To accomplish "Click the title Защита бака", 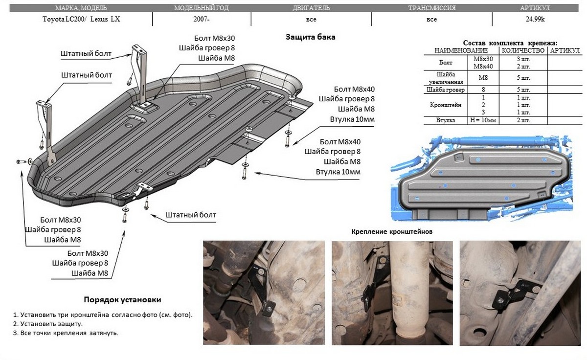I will tap(311, 37).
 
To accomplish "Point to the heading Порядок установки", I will tap(122, 299).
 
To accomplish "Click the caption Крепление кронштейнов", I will tap(392, 231).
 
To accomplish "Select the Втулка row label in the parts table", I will tap(446, 120).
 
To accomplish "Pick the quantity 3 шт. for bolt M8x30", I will tap(522, 59).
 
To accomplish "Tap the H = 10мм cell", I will tap(483, 120).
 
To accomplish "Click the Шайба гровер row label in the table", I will tap(446, 90).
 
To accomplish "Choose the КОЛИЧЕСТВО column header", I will tap(522, 50).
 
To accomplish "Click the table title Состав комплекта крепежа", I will tap(510, 43).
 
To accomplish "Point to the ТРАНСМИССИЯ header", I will tap(431, 8).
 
